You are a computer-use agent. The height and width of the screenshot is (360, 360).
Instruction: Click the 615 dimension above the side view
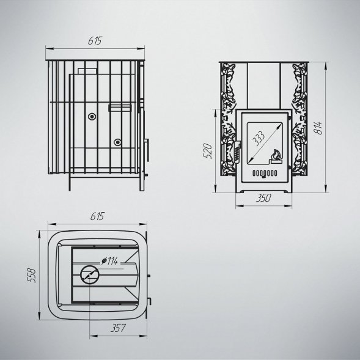point(95,40)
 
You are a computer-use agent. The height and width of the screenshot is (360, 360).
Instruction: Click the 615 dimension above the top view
point(97,216)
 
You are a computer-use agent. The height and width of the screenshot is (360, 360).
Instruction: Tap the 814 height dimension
point(318,128)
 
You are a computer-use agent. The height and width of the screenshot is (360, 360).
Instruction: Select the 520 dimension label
point(208,151)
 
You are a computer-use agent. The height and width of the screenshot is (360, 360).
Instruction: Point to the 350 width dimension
point(263,198)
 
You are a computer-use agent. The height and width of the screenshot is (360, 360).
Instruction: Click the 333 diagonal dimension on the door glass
point(259,139)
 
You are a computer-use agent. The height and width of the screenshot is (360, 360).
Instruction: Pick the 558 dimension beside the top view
point(31,275)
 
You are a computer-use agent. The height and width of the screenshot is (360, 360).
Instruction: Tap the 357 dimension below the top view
point(118,328)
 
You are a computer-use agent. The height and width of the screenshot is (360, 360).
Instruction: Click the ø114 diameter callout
point(109,261)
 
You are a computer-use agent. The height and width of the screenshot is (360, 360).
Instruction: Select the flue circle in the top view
point(89,275)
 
